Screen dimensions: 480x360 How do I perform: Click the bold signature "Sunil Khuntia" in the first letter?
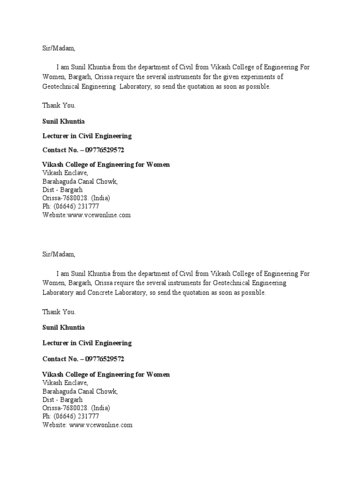coord(64,122)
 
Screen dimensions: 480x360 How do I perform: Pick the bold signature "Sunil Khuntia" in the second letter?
coord(64,327)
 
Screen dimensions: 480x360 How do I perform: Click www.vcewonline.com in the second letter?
coord(101,425)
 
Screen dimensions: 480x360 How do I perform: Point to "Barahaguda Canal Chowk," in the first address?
coord(80,181)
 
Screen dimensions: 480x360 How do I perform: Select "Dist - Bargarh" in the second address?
coord(63,399)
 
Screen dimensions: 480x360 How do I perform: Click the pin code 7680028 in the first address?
coord(76,198)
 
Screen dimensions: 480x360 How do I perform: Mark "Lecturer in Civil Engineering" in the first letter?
coord(87,136)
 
